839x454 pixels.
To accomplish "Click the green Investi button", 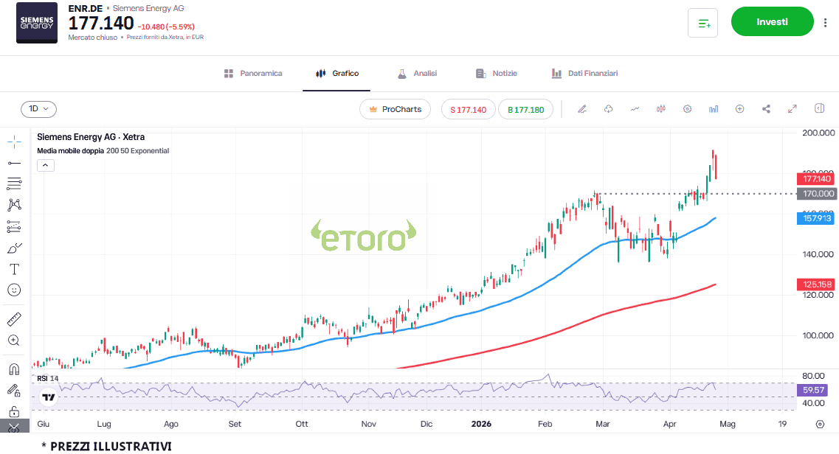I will tap(772, 22).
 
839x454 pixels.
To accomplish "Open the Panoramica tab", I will tap(253, 74).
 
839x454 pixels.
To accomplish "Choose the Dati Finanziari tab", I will tap(584, 74).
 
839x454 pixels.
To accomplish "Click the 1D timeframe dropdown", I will tap(38, 109).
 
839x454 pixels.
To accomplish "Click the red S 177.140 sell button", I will tap(469, 110).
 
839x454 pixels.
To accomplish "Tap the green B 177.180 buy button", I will tap(526, 110).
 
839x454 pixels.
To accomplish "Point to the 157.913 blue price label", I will tap(816, 218).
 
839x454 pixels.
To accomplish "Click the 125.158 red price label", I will tap(816, 284).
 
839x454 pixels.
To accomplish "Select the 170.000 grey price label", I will tap(816, 194).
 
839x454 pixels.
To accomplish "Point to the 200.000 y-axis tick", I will tap(817, 133).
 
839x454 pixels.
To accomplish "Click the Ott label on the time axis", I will tap(302, 425).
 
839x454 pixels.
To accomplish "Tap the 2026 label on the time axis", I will tap(480, 425).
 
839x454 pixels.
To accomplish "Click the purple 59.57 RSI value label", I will tap(815, 389).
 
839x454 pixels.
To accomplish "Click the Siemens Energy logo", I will tap(37, 24).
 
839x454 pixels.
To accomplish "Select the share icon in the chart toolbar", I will tap(766, 109).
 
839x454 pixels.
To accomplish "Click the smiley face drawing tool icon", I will tap(14, 290).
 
